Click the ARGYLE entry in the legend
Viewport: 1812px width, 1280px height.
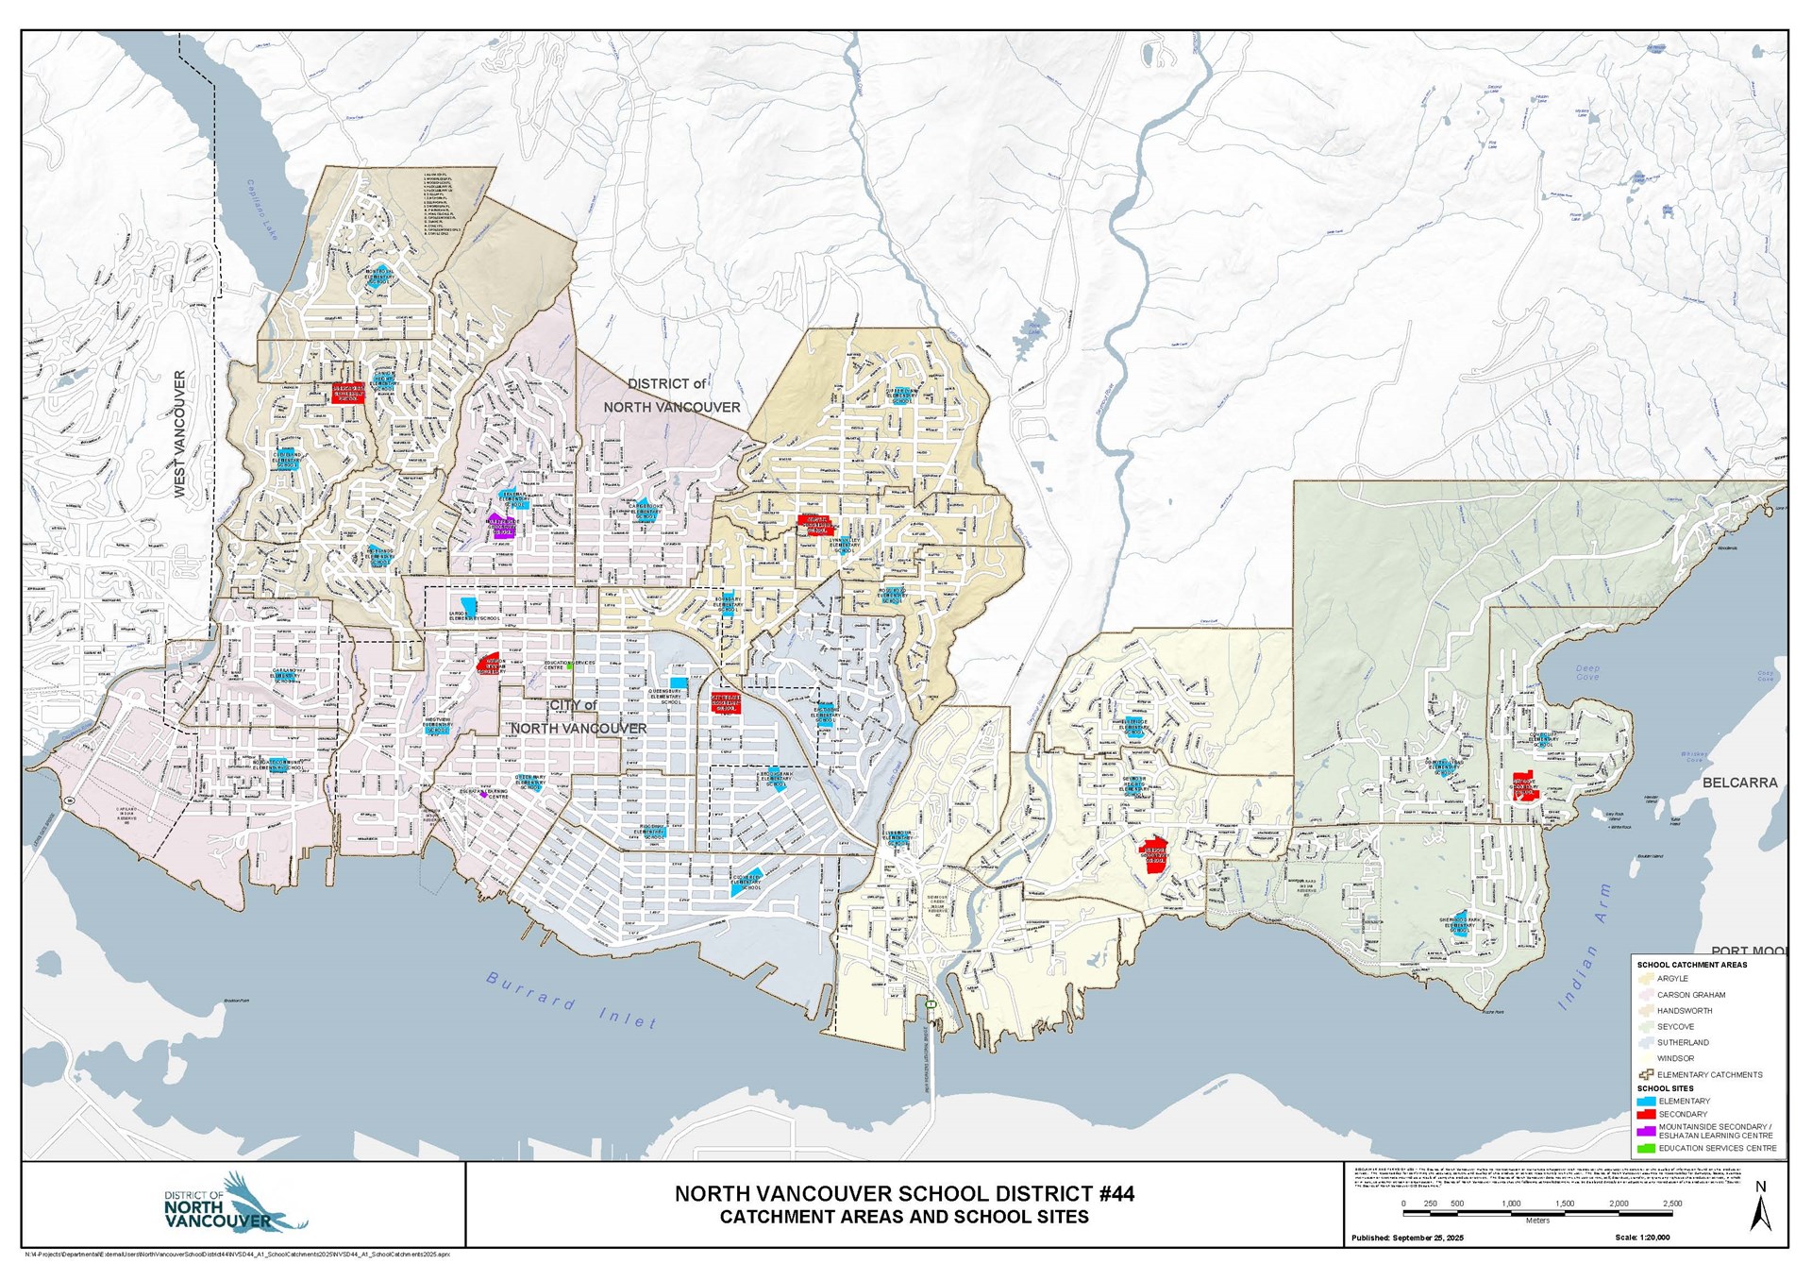pos(1672,979)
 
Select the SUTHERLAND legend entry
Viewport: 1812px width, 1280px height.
pos(1683,1043)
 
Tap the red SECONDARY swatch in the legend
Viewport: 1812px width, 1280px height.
pos(1646,1115)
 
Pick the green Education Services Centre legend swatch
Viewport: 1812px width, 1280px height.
pos(1646,1149)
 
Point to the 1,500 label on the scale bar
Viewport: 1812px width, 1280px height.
pos(1565,1204)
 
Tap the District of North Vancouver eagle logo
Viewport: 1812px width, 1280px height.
pos(236,1204)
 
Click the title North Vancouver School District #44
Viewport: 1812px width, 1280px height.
pos(904,1194)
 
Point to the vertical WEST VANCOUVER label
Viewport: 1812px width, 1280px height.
pos(180,434)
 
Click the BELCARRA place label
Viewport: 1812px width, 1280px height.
pos(1739,783)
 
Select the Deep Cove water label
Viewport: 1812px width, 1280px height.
pos(1587,673)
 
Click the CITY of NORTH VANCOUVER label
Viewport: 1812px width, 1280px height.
pos(579,717)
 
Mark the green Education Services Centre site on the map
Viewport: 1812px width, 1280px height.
pos(569,665)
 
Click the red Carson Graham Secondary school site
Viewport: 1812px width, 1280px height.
pos(489,663)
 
